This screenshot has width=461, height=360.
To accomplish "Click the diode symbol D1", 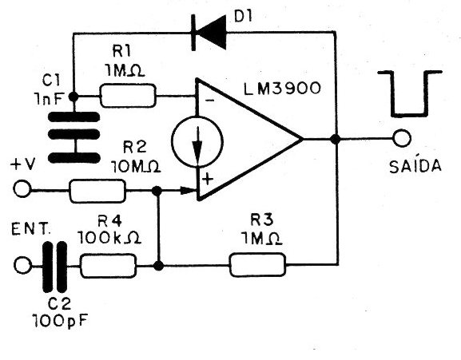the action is [x=209, y=32].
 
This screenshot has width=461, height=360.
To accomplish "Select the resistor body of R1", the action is [x=128, y=96].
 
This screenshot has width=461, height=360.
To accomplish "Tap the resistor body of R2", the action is [x=97, y=191].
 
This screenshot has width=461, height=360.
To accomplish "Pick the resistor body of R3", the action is [x=257, y=265].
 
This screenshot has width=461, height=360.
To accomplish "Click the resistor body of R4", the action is [x=108, y=266].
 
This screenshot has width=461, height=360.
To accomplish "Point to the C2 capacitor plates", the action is [x=55, y=267].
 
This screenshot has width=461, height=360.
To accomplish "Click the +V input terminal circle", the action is [x=22, y=189].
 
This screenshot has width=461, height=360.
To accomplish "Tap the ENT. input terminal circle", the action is [x=22, y=266].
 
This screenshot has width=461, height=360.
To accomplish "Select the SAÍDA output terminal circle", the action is [x=402, y=138].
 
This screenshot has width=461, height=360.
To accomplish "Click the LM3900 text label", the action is [x=282, y=88].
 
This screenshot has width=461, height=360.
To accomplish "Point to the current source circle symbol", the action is [x=197, y=142].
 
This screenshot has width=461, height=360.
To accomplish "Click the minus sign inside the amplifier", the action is [x=209, y=101].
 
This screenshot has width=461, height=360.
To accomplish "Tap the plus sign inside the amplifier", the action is [x=208, y=179].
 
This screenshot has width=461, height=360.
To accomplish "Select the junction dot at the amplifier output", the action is [x=336, y=139].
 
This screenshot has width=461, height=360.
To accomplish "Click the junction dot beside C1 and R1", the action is [x=74, y=96].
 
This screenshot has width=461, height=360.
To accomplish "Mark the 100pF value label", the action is [x=60, y=321].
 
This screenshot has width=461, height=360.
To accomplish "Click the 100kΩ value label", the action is [x=109, y=238].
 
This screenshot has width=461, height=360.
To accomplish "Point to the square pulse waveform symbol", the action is [x=410, y=93].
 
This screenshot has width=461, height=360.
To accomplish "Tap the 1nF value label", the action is [x=49, y=99].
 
